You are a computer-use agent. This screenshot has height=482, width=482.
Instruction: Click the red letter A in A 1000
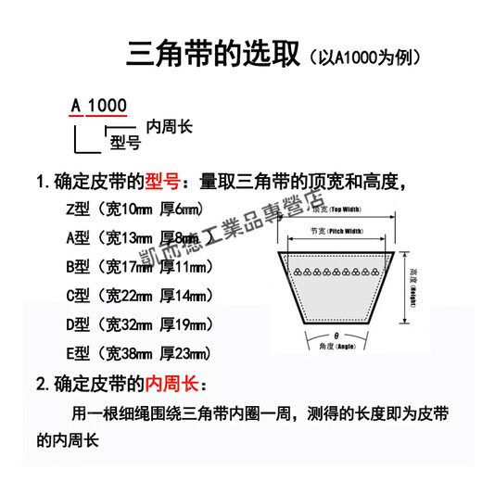(76, 105)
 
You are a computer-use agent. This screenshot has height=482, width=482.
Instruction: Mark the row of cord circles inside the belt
(336, 273)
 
